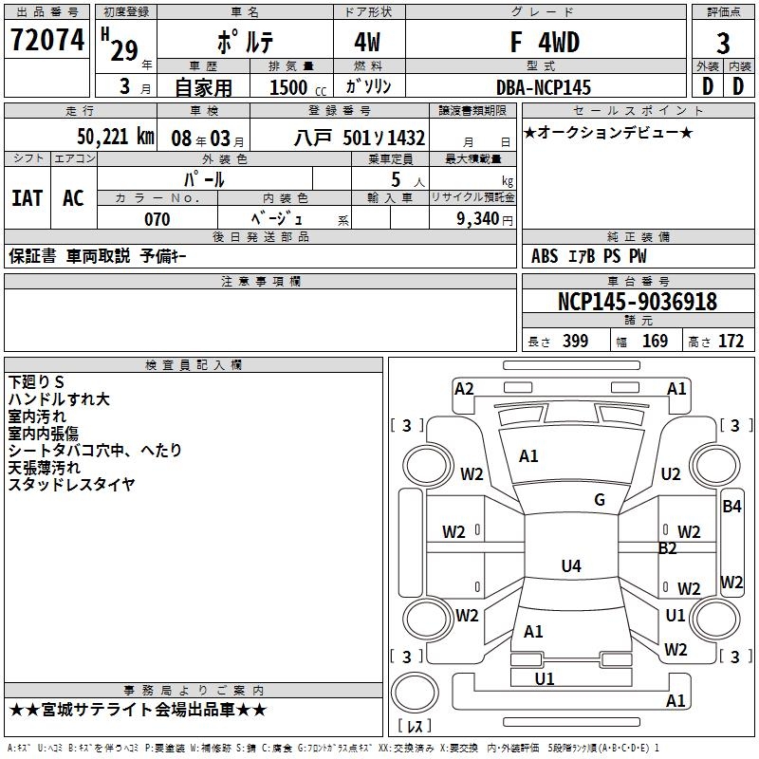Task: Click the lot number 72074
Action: click(46, 41)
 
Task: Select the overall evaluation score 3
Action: click(723, 43)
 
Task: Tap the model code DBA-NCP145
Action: click(543, 87)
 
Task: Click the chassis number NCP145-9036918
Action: click(637, 302)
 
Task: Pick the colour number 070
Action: click(157, 219)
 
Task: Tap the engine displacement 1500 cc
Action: click(295, 87)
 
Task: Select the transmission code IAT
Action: click(28, 198)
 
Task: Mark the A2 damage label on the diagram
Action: click(464, 388)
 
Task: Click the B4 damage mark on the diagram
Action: click(731, 507)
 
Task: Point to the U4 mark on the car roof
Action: click(570, 566)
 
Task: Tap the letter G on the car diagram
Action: click(600, 499)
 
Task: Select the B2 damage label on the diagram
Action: click(668, 548)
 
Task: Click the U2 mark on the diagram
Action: click(671, 474)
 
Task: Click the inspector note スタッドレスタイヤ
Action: click(71, 485)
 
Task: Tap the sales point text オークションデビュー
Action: click(608, 132)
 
